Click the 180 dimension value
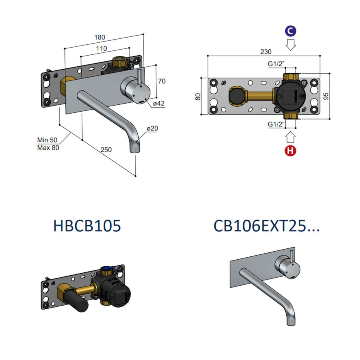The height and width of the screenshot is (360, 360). tap(100, 37)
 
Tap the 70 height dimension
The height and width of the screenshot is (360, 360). tap(161, 81)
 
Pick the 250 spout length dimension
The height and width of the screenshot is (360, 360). tap(106, 150)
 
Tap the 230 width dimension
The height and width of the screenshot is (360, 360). tap(266, 52)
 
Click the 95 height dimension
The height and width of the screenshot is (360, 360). tap(326, 96)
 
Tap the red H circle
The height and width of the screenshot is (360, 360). tap(291, 151)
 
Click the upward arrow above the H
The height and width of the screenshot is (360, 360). tap(291, 138)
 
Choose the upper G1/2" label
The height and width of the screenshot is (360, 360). tap(276, 64)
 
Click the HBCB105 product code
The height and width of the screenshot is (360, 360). tap(87, 226)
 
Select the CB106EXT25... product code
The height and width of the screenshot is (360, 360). tap(266, 226)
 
